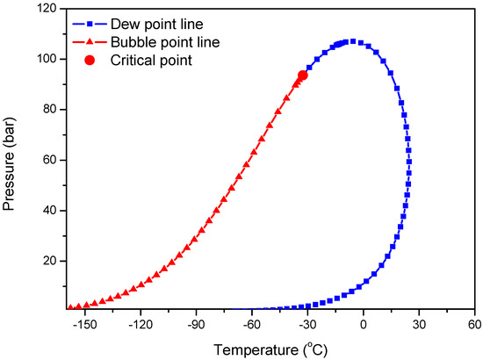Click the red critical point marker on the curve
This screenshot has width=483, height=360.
(x=302, y=76)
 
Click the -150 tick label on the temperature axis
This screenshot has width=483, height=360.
(x=83, y=323)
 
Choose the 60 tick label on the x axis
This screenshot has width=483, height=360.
(x=474, y=323)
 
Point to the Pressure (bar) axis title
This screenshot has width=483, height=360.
(x=13, y=158)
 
